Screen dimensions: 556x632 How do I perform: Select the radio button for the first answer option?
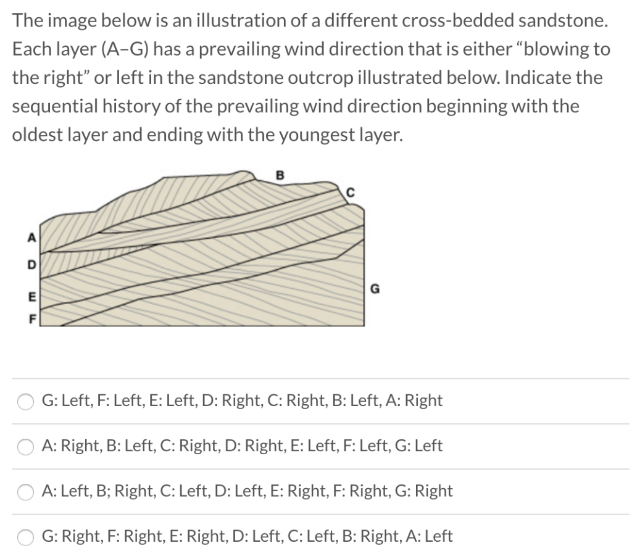(25, 401)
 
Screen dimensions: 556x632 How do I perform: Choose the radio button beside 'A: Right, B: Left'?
(25, 446)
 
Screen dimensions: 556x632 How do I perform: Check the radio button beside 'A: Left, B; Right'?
(25, 491)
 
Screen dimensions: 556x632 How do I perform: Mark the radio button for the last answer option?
(25, 537)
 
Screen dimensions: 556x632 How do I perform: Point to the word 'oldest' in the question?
(42, 134)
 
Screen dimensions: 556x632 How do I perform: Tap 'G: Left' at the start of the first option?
(65, 400)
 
